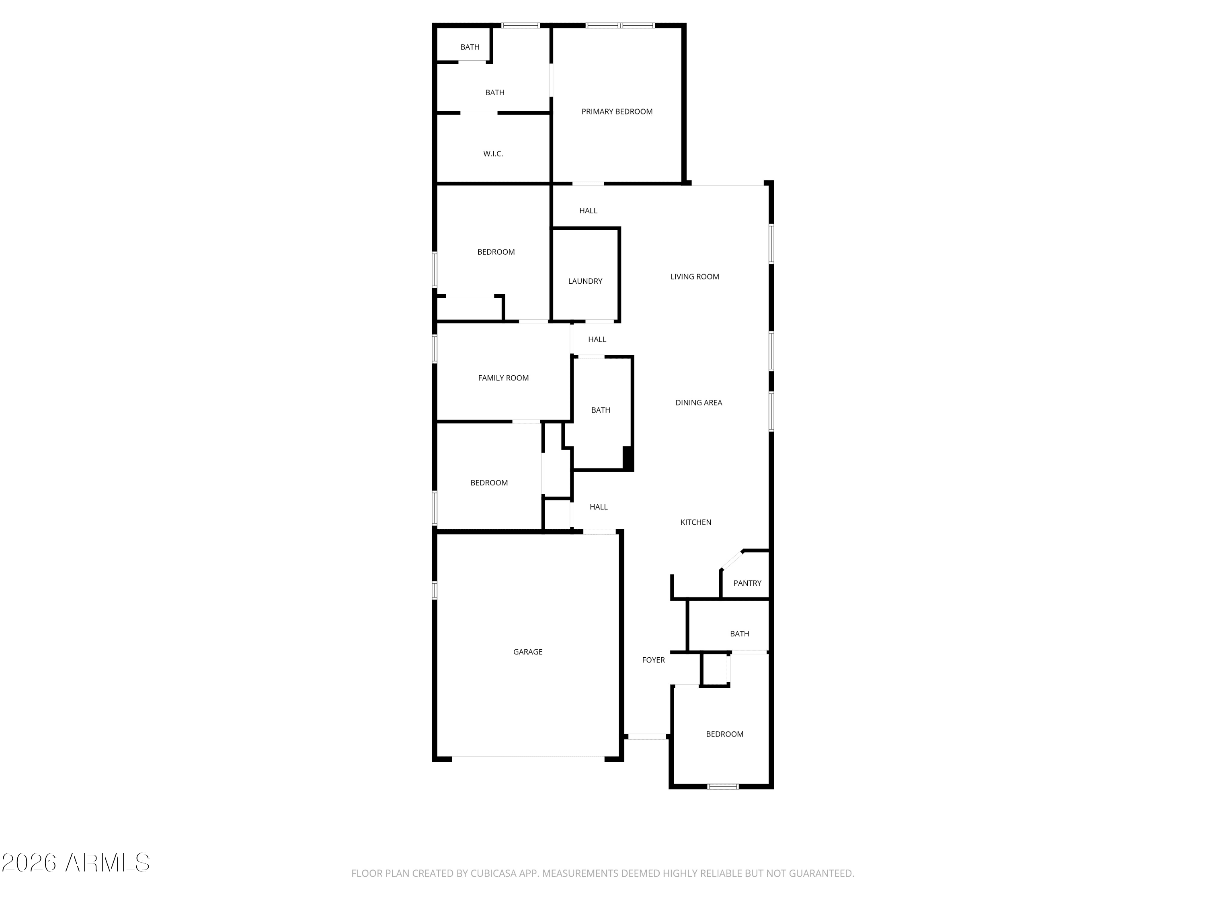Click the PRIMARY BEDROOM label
pyautogui.click(x=617, y=112)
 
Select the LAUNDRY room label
pyautogui.click(x=585, y=281)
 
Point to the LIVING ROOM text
pyautogui.click(x=695, y=277)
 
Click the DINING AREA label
pyautogui.click(x=698, y=403)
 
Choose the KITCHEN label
pyautogui.click(x=696, y=522)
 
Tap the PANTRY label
pyautogui.click(x=747, y=583)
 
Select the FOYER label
pyautogui.click(x=653, y=660)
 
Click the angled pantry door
pyautogui.click(x=732, y=560)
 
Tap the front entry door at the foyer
pyautogui.click(x=646, y=737)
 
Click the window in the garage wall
pyautogui.click(x=435, y=590)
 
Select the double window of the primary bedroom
pyautogui.click(x=620, y=25)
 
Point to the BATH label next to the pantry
pyautogui.click(x=739, y=634)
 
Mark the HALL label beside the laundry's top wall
pyautogui.click(x=588, y=211)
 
